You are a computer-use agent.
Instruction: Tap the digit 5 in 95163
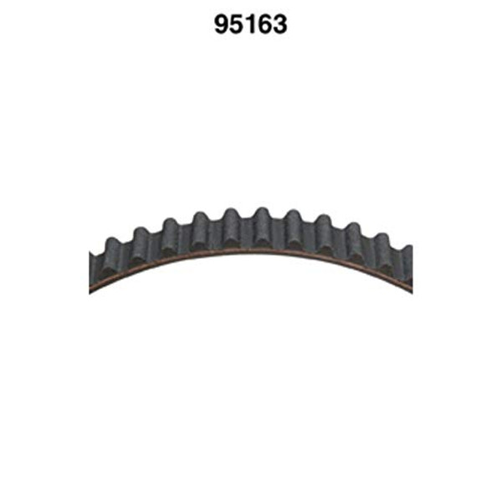(x=238, y=25)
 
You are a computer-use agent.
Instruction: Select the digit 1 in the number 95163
(x=250, y=25)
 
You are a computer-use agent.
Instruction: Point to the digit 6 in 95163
(x=264, y=25)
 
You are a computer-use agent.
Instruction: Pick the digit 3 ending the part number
(x=279, y=25)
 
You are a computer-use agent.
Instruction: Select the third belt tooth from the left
(x=169, y=229)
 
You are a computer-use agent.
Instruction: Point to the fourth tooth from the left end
(x=200, y=223)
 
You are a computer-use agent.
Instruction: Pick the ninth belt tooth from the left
(x=353, y=233)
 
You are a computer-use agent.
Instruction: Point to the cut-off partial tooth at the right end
(x=407, y=254)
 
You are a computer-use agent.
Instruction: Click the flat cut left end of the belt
(x=90, y=268)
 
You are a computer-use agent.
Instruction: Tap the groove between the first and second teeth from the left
(x=125, y=250)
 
